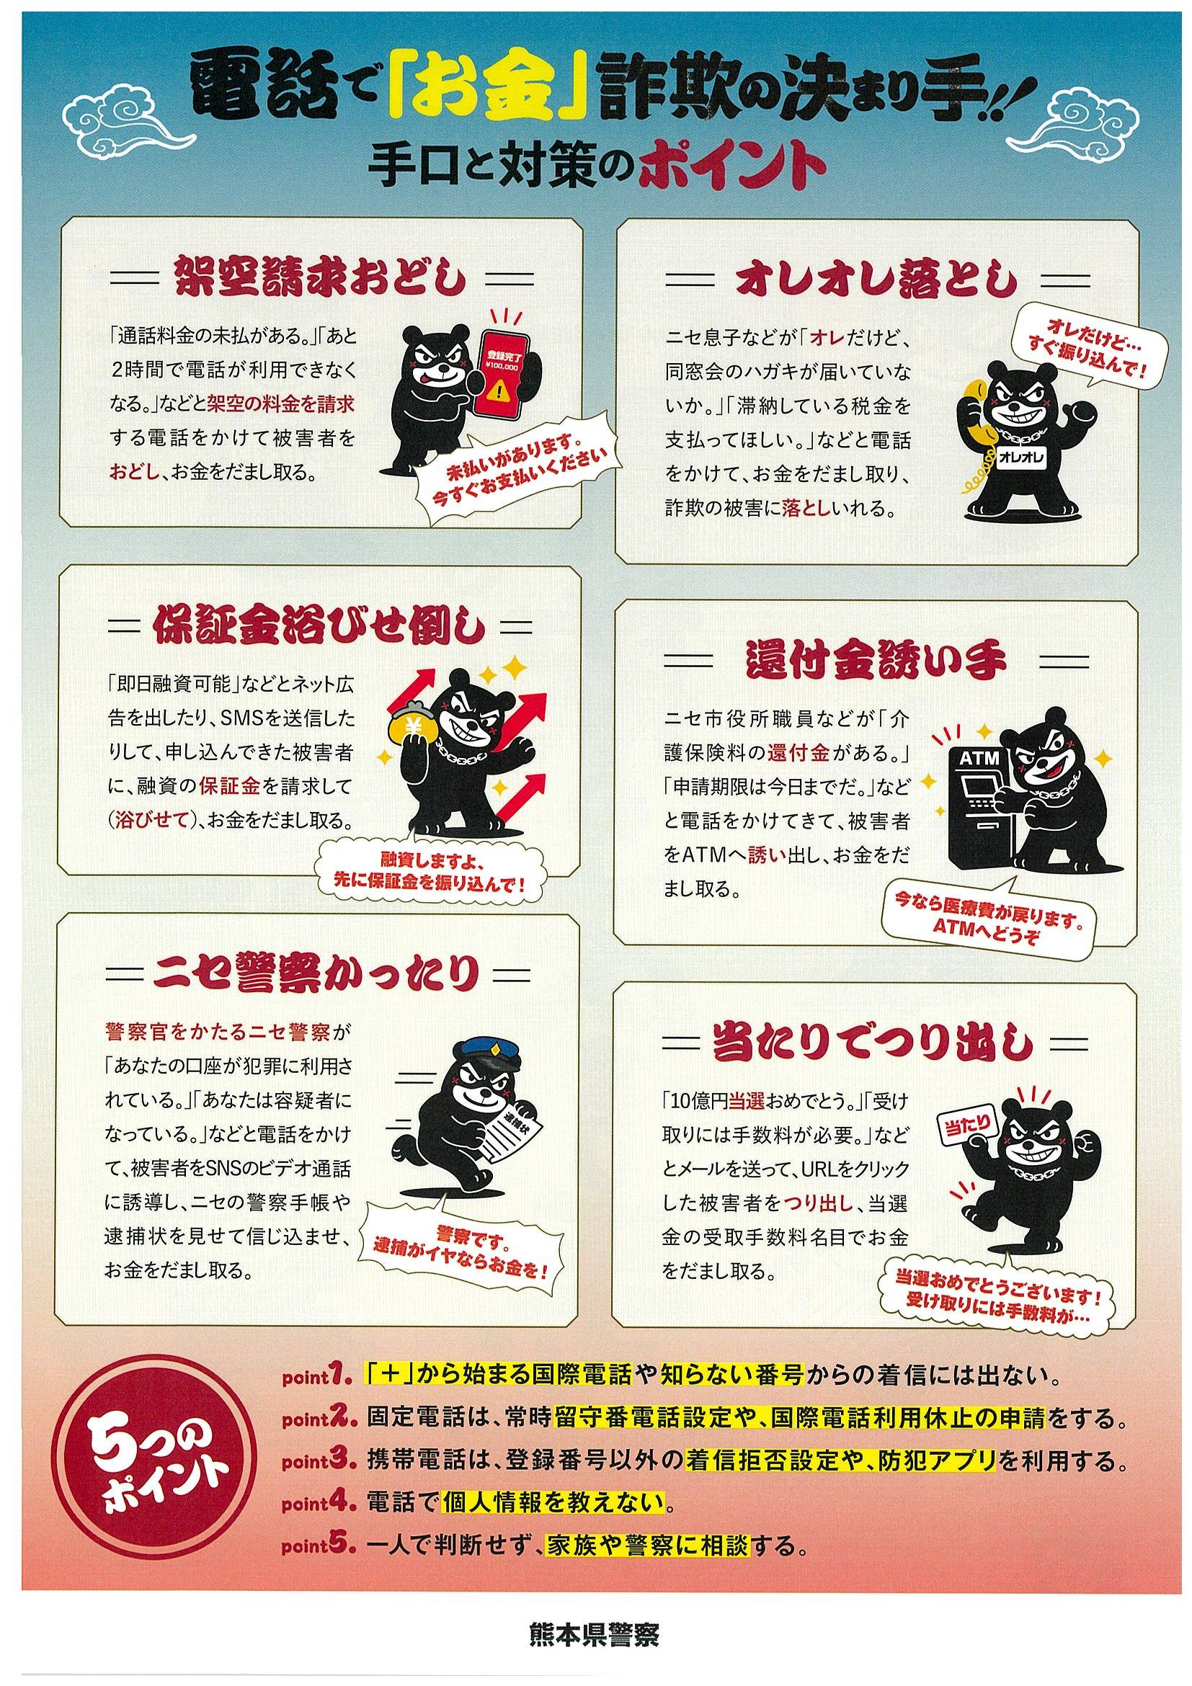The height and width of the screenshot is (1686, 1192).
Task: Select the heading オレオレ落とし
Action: [877, 280]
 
